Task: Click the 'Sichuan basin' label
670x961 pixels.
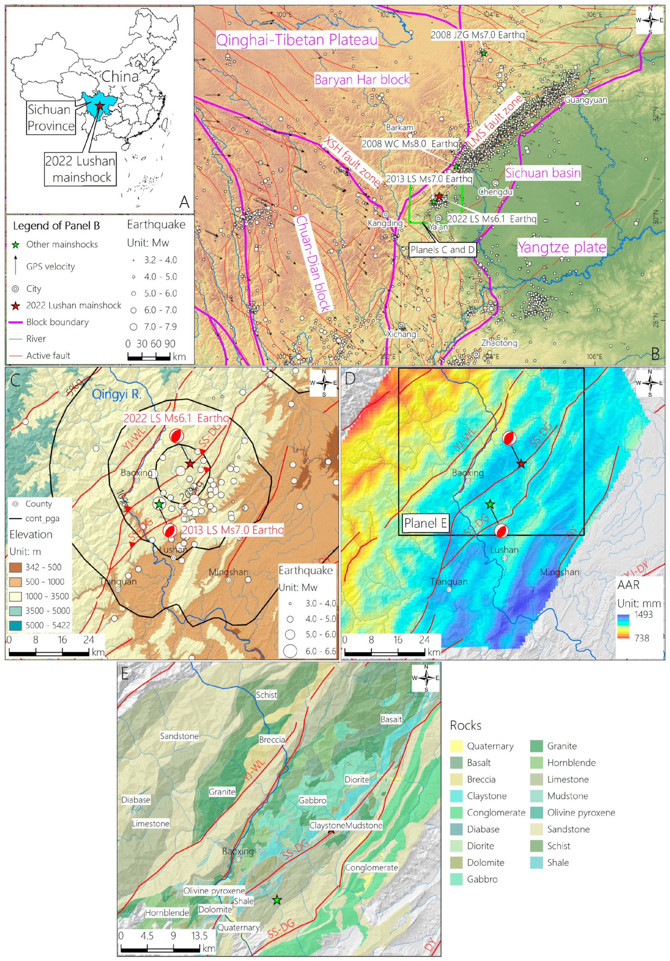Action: (543, 172)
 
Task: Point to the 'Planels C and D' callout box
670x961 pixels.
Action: (443, 250)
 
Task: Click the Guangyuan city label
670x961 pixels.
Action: (586, 100)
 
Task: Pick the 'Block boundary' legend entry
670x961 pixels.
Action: (57, 322)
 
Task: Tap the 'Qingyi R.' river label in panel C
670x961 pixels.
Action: (116, 394)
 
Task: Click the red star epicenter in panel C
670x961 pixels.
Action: (190, 464)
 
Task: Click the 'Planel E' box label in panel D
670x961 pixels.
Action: (424, 523)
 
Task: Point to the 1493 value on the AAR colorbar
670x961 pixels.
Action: (643, 615)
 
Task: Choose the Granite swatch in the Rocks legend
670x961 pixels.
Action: (536, 746)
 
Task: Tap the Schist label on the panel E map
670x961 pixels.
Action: (266, 695)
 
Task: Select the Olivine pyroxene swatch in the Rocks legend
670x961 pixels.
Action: (536, 813)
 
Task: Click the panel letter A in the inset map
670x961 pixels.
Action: (184, 202)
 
